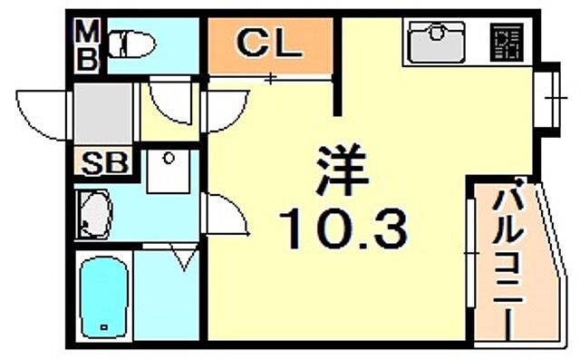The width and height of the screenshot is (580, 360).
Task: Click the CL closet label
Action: (x=268, y=43)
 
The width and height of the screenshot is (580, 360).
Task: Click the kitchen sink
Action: (x=437, y=42)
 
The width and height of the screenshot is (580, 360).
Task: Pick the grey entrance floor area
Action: (x=104, y=114)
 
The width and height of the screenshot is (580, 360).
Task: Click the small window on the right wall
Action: (x=546, y=96)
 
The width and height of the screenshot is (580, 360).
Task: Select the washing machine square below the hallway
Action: (x=168, y=171)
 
